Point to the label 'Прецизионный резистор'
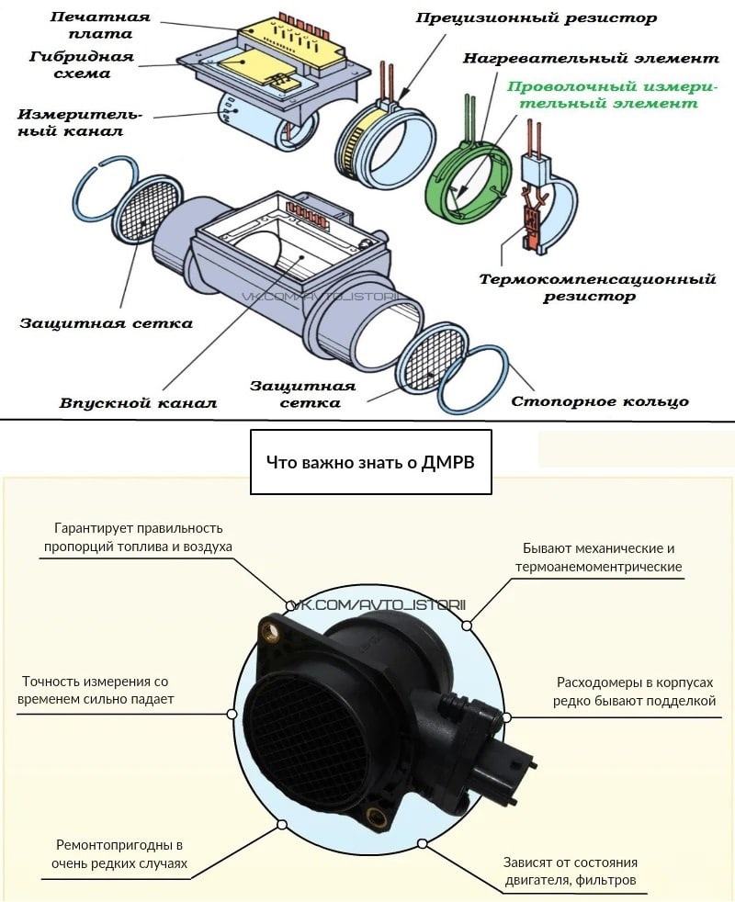pos(537,17)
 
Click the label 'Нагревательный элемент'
pos(590,58)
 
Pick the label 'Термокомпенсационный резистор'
pos(597,287)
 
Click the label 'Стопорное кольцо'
pos(599,401)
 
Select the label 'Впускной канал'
pos(138,403)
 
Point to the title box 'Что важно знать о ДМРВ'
pos(370,462)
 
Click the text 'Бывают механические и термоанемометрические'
pos(599,557)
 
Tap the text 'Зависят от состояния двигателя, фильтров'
pos(570,873)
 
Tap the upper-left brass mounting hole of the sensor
pos(269,629)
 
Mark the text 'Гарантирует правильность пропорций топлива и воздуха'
pos(138,536)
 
